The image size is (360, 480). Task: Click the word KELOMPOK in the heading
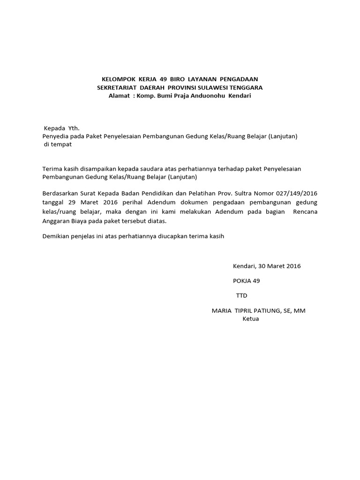point(119,79)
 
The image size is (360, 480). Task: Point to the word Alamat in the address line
point(119,96)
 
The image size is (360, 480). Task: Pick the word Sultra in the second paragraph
point(248,194)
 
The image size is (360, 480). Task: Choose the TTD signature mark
point(241,296)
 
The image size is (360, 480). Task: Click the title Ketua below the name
point(250,319)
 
